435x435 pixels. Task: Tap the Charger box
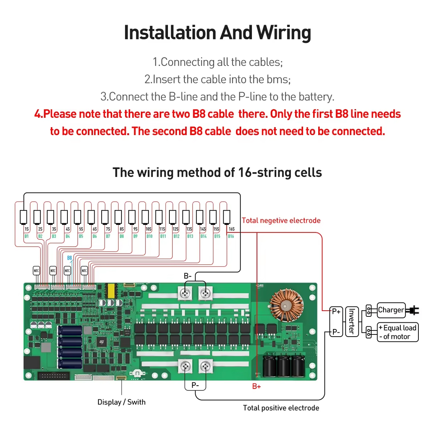point(391,310)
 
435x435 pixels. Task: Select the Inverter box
point(351,322)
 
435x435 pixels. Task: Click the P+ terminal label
point(336,312)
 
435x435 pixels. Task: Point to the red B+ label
point(256,386)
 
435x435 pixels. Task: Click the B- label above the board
point(187,276)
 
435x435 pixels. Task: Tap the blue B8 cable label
point(70,258)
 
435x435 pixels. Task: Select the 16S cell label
point(232,229)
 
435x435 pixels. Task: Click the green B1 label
point(27,236)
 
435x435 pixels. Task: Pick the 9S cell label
point(136,229)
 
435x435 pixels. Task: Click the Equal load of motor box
point(397,332)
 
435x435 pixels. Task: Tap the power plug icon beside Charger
point(413,311)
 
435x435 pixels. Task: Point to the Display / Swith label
point(121,402)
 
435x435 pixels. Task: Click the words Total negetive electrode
point(281,221)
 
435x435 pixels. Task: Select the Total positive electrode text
point(281,408)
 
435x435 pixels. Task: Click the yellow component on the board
point(110,291)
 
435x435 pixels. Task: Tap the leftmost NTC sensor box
point(36,271)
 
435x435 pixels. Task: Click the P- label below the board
point(195,385)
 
